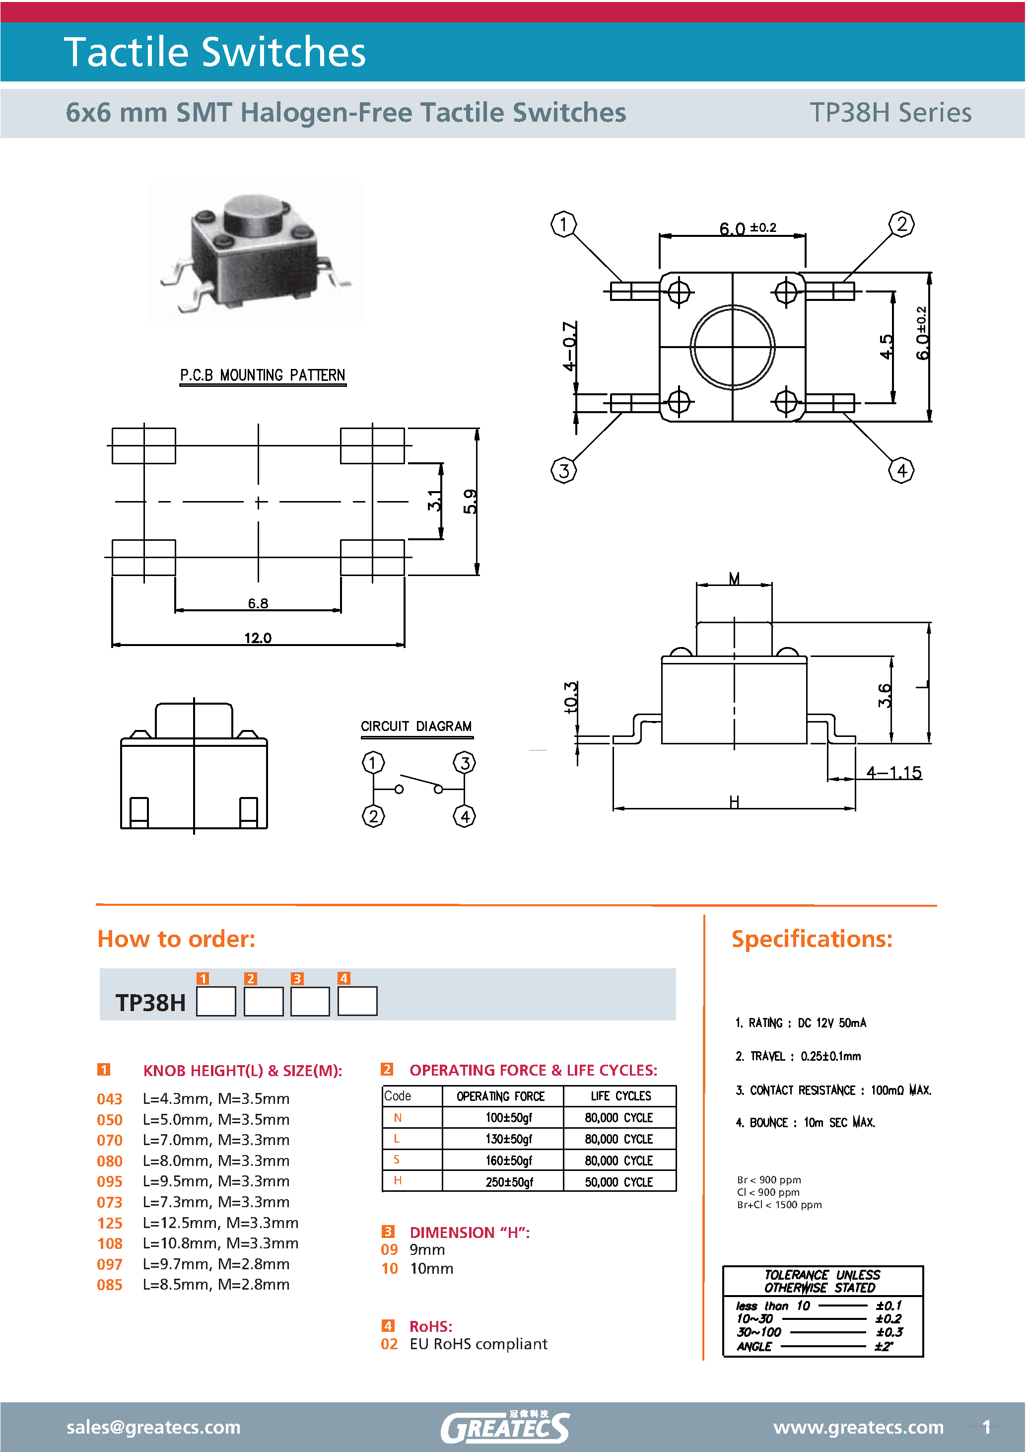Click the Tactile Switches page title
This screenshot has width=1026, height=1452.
215,51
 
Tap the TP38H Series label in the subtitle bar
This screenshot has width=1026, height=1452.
890,113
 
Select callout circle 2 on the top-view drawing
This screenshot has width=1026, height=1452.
901,224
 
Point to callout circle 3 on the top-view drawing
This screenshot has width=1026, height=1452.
563,470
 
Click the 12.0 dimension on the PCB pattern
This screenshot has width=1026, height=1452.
258,638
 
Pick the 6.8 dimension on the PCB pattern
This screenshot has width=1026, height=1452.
258,603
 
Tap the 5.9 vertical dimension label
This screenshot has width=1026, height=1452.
470,502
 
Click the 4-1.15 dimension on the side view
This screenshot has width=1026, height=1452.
893,772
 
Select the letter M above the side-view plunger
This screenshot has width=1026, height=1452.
734,578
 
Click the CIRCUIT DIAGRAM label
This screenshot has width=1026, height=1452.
416,726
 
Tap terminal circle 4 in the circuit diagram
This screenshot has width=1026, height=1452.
465,816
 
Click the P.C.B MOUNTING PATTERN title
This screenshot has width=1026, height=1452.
263,375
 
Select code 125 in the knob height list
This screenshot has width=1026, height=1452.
109,1223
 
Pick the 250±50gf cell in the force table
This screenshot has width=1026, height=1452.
509,1182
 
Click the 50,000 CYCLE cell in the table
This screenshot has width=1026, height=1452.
618,1182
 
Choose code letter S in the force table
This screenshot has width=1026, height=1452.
397,1159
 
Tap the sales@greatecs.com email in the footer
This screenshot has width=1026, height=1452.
153,1427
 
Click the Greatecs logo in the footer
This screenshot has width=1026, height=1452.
504,1427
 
